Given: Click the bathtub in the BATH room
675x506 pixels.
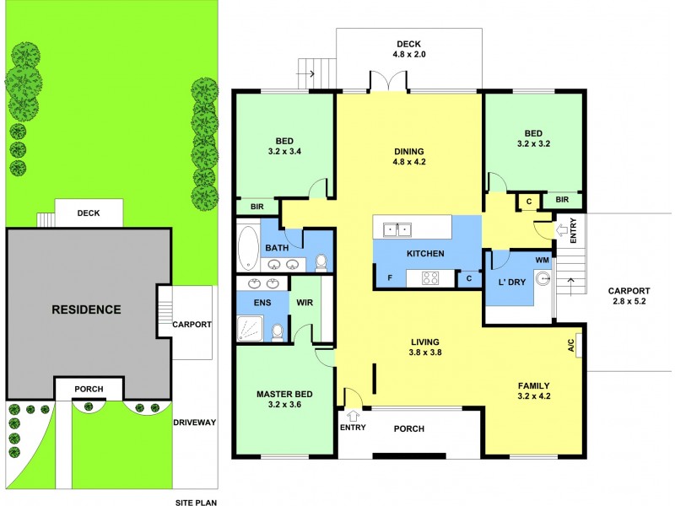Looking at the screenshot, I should (247, 245).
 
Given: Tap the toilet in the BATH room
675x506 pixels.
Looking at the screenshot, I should (321, 263).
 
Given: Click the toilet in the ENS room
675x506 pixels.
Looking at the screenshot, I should (278, 331).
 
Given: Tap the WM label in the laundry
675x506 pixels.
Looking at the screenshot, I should (541, 261).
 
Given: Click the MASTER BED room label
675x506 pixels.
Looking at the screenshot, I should (284, 399).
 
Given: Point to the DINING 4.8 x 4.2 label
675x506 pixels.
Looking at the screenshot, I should (409, 158).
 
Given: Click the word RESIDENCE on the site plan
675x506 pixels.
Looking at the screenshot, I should (86, 310).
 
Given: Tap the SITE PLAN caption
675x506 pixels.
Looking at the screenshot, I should (196, 501).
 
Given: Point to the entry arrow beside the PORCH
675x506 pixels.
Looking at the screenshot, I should (354, 414).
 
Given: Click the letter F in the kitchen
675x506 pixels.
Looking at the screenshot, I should (390, 277).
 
